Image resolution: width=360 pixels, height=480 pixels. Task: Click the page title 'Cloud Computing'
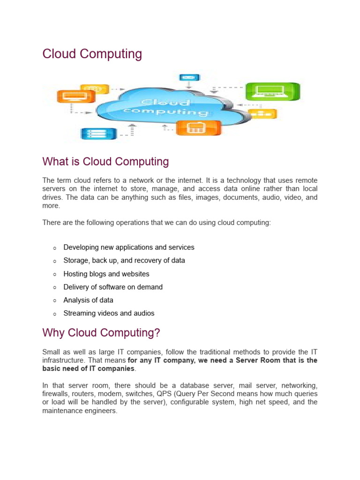[92, 54]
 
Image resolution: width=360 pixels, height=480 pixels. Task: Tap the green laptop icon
[272, 91]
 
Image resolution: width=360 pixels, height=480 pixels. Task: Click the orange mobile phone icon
[198, 127]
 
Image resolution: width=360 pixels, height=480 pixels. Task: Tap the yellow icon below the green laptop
[262, 113]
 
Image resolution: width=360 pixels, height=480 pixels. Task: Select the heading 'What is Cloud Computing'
[105, 162]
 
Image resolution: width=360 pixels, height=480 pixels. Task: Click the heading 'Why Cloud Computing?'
[101, 333]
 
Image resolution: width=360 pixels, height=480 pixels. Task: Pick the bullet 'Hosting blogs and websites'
[106, 274]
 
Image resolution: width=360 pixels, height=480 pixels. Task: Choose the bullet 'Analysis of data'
[88, 300]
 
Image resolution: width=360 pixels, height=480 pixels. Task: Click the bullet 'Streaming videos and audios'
[109, 313]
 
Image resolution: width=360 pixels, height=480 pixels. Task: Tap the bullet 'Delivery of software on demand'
[113, 287]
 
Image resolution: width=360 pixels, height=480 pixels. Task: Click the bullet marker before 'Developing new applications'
[55, 248]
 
